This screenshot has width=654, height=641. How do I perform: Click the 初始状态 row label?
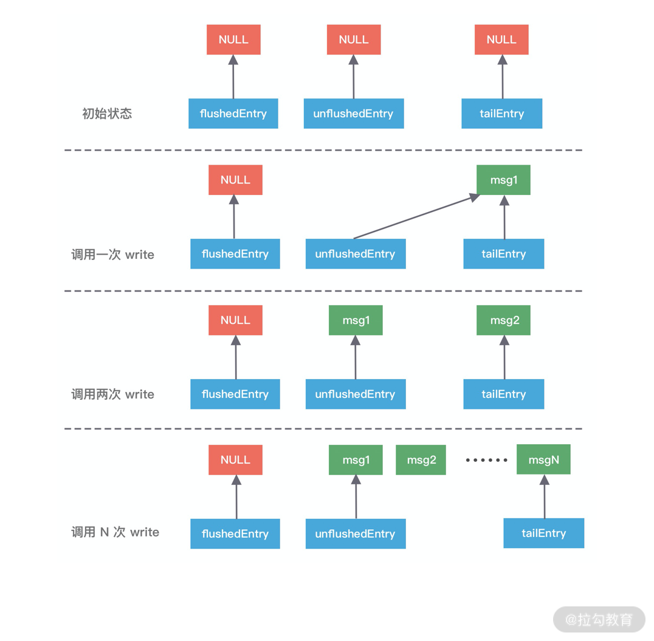point(107,114)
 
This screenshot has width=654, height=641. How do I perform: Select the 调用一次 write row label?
point(112,255)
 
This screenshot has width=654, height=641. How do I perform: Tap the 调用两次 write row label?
point(112,394)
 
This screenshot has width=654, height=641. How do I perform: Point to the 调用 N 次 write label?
point(115,532)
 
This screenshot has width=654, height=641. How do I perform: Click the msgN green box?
point(543,459)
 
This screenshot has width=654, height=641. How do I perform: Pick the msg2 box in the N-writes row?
point(421,460)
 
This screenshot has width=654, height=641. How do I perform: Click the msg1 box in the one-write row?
point(504,180)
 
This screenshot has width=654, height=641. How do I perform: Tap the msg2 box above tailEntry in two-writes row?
point(504,320)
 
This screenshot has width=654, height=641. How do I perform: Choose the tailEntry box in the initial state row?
point(501,114)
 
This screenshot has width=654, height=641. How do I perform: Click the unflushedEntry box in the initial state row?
point(353,114)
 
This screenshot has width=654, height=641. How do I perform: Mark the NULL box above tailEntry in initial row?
point(501,39)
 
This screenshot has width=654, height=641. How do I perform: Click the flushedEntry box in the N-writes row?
point(235,533)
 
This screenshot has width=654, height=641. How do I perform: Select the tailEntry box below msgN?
point(543,533)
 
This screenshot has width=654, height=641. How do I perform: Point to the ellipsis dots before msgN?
point(486,460)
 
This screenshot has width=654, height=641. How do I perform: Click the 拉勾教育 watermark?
point(599,619)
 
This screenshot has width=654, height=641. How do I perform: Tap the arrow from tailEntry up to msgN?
point(545,496)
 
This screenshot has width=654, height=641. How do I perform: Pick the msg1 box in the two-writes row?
point(356,320)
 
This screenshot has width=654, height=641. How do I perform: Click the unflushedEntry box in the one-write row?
point(355,254)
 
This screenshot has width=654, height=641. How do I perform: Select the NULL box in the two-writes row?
point(235,320)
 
